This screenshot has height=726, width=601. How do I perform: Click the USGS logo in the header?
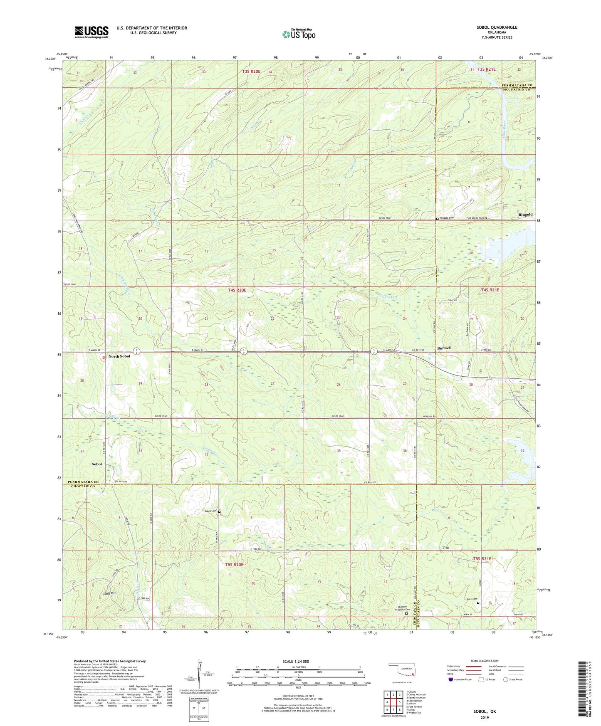(x=92, y=32)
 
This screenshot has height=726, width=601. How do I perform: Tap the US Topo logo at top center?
(x=298, y=35)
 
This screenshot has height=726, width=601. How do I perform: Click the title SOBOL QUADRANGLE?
(x=497, y=27)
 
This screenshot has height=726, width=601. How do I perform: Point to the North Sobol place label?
(x=119, y=356)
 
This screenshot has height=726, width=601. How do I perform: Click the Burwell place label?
(x=444, y=348)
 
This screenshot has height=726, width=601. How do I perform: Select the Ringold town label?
(x=525, y=215)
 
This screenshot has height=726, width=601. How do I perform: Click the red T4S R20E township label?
(x=240, y=291)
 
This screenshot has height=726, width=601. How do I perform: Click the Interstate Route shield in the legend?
(x=451, y=679)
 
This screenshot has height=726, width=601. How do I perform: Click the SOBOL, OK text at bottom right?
(x=485, y=711)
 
